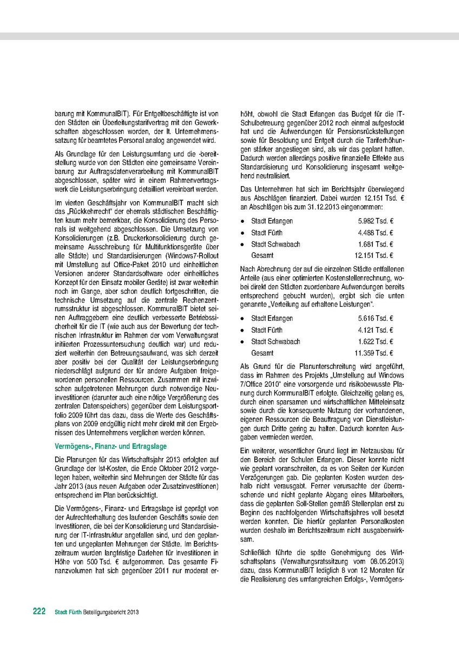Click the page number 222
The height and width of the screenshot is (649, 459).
(38, 611)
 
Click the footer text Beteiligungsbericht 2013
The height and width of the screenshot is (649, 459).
(115, 612)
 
